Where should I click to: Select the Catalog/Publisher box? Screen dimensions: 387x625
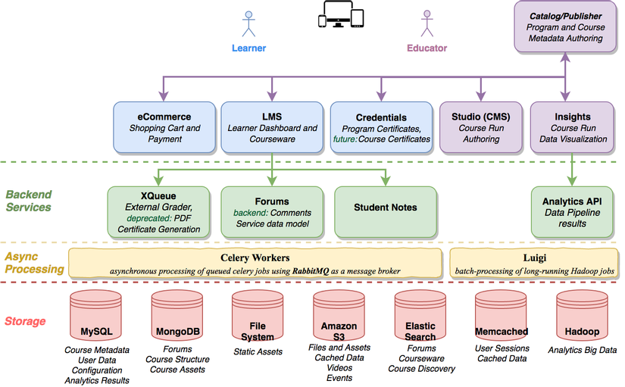566,27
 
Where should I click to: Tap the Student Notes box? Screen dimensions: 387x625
386,208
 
